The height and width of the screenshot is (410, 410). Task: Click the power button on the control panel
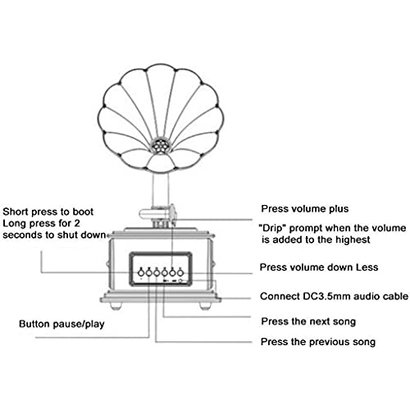click(141, 272)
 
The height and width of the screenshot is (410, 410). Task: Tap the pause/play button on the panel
click(149, 272)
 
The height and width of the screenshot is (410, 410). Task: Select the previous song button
click(157, 272)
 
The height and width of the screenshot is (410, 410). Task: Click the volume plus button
click(172, 272)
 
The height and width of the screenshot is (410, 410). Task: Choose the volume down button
click(180, 272)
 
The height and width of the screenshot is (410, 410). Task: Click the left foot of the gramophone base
click(116, 306)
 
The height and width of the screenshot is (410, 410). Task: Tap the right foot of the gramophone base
click(205, 306)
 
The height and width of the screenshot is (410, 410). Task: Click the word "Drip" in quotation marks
click(272, 228)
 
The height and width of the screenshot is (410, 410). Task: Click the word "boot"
click(83, 212)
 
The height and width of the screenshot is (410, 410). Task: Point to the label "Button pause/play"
click(61, 324)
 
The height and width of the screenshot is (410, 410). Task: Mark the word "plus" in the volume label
click(339, 209)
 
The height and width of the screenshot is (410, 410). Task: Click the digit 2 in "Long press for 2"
click(77, 223)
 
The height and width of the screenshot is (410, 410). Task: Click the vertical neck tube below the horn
click(161, 190)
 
